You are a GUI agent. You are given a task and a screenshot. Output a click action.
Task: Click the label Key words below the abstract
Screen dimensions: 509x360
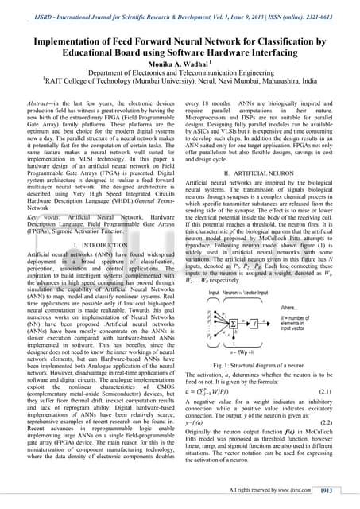[x=37, y=215]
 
